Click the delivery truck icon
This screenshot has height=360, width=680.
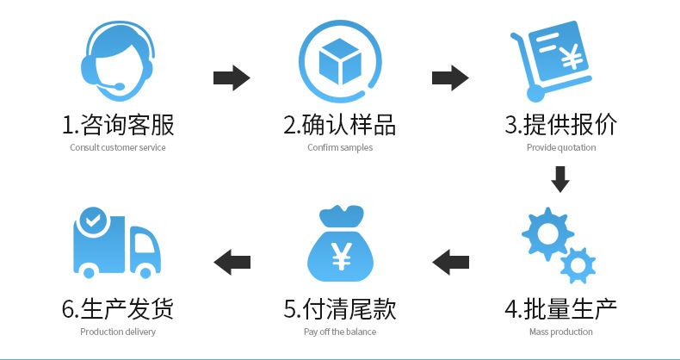click(116, 245)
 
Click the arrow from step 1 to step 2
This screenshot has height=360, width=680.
click(231, 78)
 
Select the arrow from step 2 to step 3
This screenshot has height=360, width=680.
click(449, 78)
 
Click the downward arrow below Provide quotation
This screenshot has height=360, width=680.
click(560, 179)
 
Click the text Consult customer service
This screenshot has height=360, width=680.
click(118, 147)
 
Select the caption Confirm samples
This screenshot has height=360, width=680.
click(340, 147)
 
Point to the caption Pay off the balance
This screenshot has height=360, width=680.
click(340, 332)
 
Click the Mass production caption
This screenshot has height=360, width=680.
click(560, 332)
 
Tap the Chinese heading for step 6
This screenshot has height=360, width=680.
click(118, 308)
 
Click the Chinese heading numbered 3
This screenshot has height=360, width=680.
click(560, 125)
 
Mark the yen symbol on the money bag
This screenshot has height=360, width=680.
click(342, 255)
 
